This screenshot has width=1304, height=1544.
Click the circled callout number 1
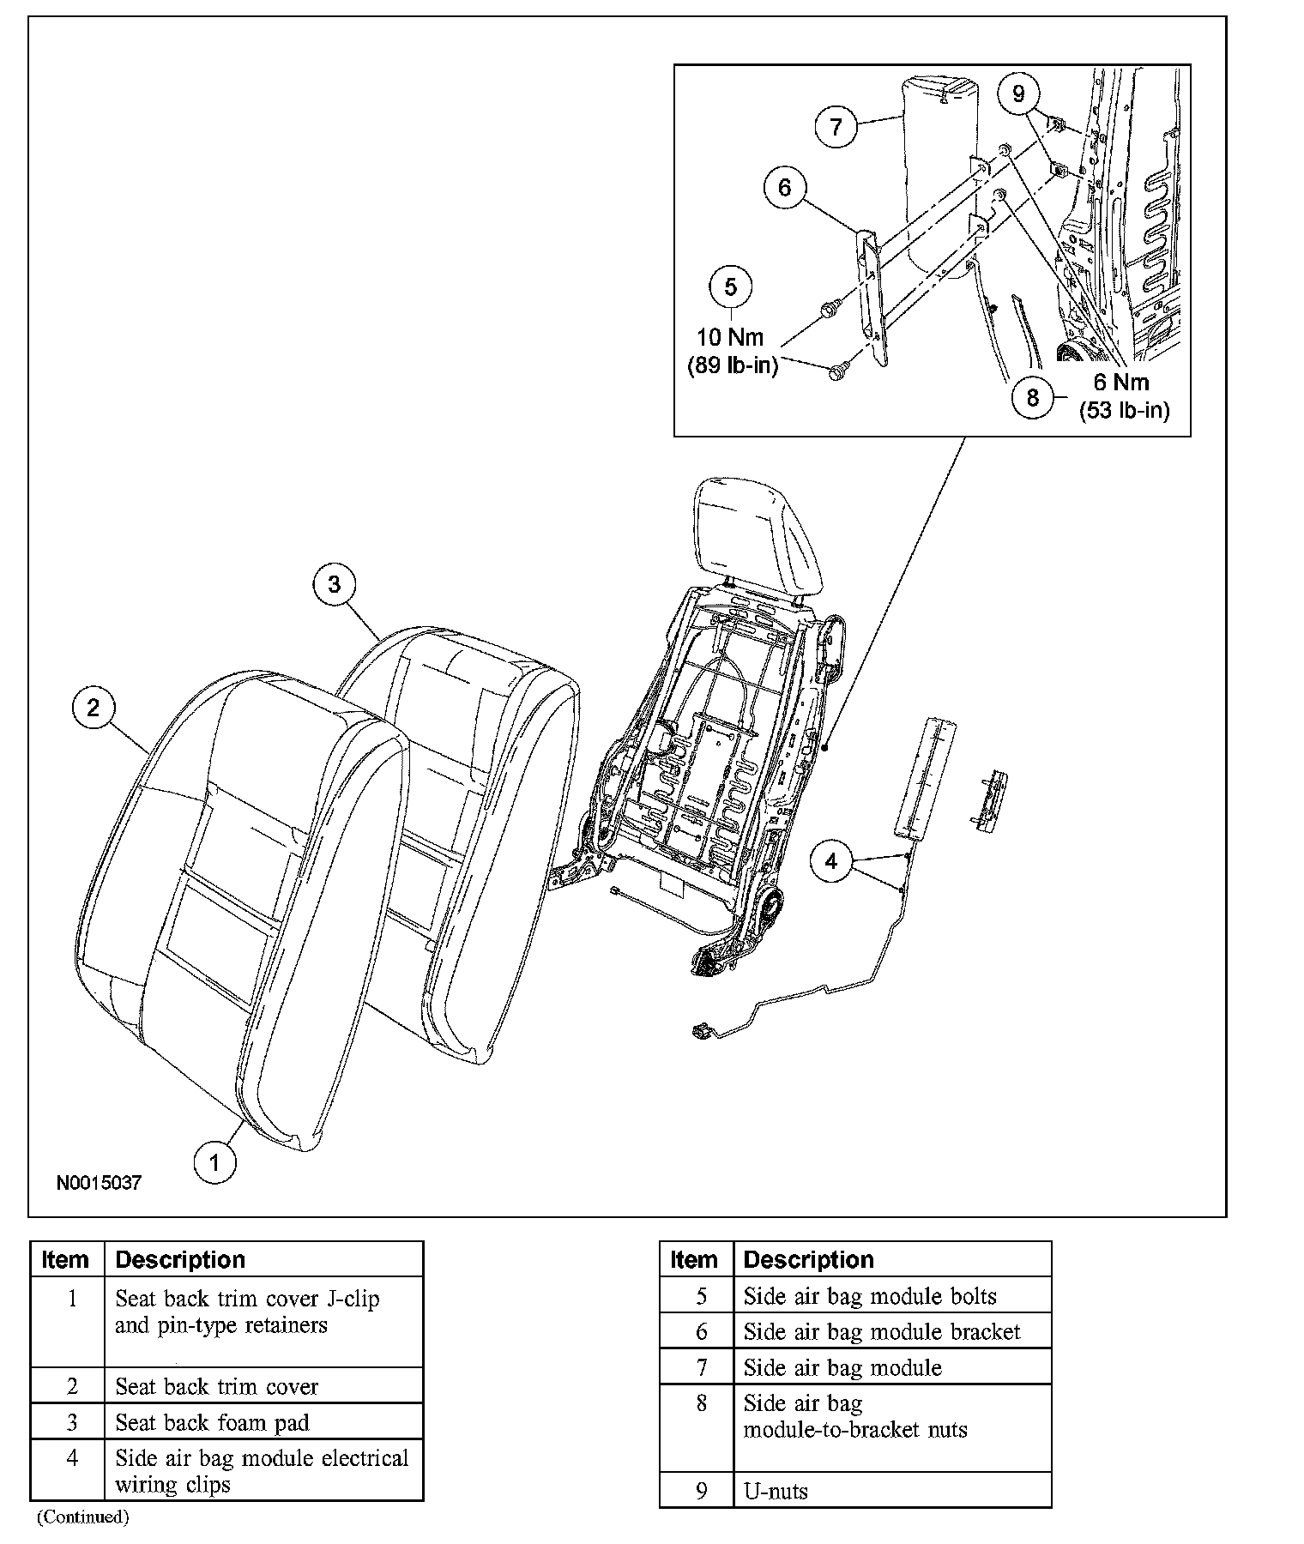tap(214, 1162)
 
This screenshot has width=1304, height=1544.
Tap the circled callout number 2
tap(94, 708)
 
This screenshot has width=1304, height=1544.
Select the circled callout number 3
tap(334, 584)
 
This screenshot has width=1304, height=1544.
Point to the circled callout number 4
tap(830, 860)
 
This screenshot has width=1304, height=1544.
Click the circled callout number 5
tap(730, 286)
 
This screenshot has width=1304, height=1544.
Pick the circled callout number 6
tap(784, 186)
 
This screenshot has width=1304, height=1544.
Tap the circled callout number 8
tap(1032, 397)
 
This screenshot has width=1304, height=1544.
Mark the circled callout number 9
tap(1018, 93)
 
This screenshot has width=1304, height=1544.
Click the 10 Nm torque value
tap(730, 337)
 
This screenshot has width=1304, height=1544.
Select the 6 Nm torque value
tap(1121, 383)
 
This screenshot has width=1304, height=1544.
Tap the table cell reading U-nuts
tap(776, 1491)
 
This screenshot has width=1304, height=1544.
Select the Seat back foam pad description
tap(212, 1422)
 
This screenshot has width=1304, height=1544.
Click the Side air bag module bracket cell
tap(882, 1331)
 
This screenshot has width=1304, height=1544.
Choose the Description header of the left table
tap(180, 1259)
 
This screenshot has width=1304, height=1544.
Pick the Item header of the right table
tap(694, 1259)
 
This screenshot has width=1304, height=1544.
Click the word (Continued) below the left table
tap(82, 1517)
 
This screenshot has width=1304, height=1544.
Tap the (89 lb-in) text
tap(733, 366)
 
